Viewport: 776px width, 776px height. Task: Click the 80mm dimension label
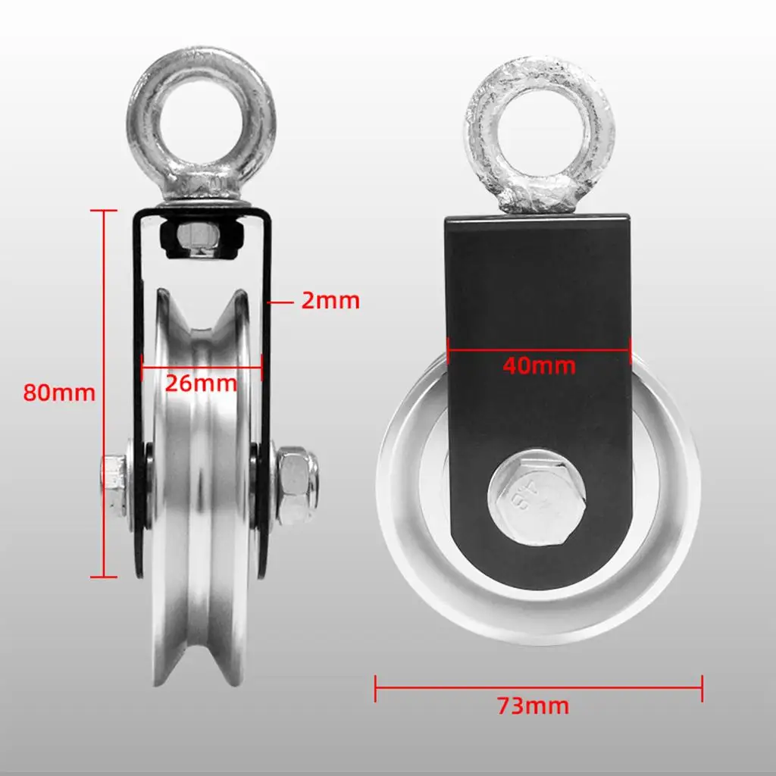[59, 393]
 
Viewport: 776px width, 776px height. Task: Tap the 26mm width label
[202, 383]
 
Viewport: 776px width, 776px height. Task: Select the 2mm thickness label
[330, 301]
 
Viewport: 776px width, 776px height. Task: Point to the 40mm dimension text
[539, 366]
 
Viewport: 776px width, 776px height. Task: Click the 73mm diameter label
[533, 706]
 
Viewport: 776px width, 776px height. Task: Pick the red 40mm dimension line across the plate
[539, 349]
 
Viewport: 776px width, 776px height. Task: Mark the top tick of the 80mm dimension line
[104, 211]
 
